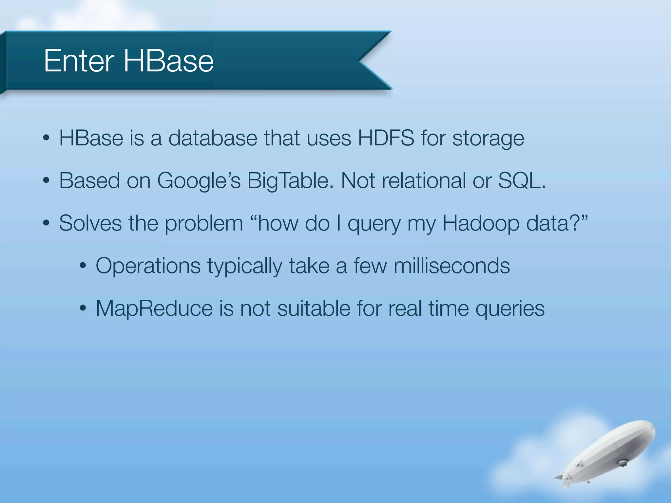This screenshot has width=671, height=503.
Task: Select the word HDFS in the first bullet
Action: tap(386, 138)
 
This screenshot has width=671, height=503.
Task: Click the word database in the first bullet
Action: tap(213, 138)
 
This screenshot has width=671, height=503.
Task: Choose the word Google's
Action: tap(199, 181)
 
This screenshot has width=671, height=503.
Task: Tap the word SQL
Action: tap(521, 180)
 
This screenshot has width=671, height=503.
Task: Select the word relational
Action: tap(424, 180)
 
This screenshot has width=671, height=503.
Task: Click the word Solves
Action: tap(90, 223)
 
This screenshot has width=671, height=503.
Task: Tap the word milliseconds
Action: tap(452, 266)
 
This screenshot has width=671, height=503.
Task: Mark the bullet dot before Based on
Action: tap(46, 180)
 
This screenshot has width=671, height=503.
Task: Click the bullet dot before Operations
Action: tap(83, 266)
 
